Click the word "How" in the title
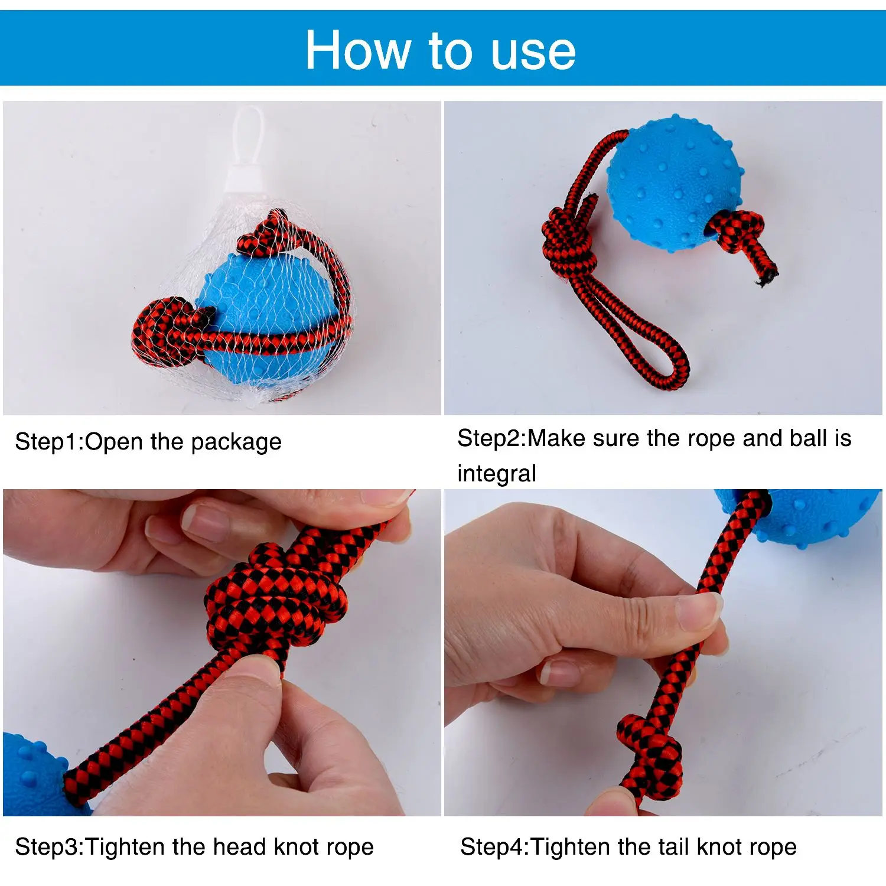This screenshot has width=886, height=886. coord(358,50)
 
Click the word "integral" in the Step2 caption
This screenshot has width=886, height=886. coord(497,474)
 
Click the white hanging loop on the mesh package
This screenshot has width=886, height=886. coord(247,139)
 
